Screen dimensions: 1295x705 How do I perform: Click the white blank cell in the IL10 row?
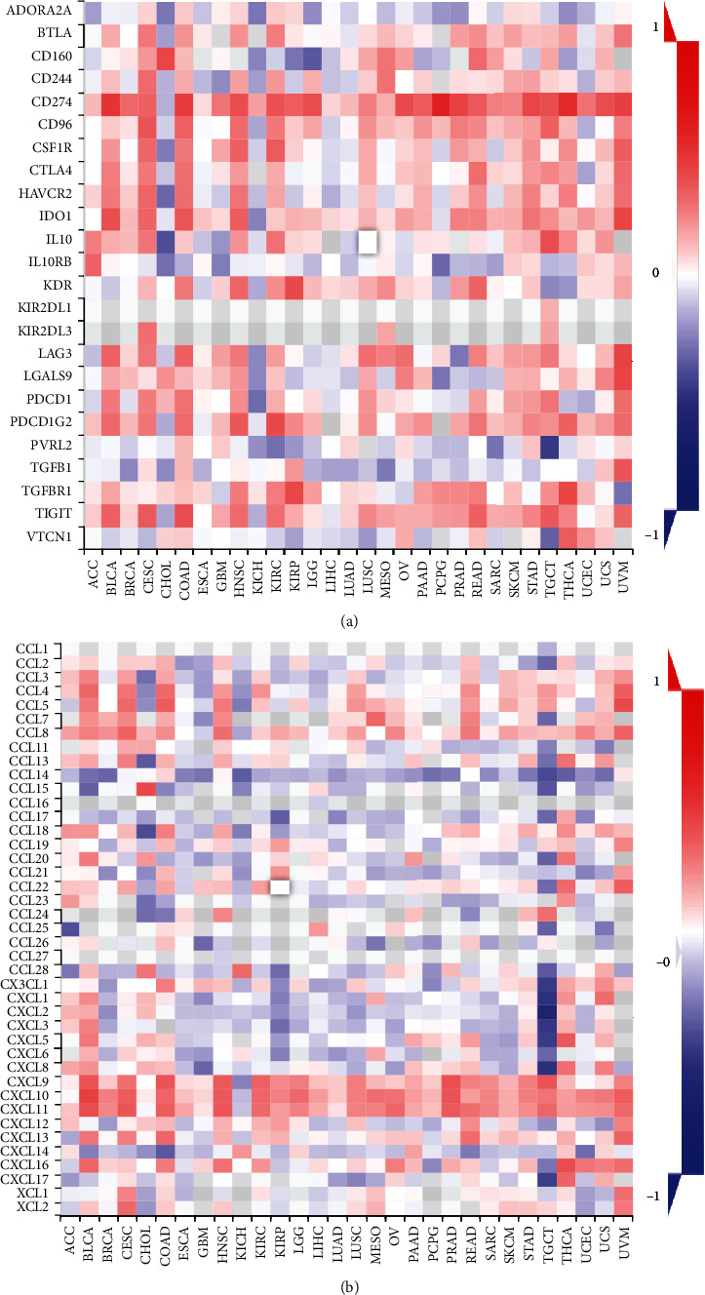click(x=367, y=238)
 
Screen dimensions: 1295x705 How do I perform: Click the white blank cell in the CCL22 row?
click(x=280, y=886)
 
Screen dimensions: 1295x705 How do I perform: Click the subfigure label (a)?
click(x=353, y=616)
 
